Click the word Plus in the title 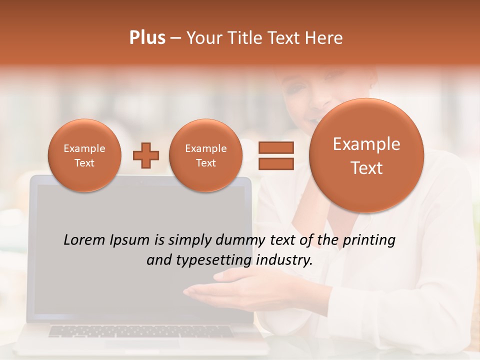147,38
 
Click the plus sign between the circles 146,155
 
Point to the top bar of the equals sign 275,147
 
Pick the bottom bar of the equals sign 275,163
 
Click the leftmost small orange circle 84,155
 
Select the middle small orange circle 205,155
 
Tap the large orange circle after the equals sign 366,155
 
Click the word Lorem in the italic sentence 84,240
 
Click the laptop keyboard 140,331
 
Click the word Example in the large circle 366,144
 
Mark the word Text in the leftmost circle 84,163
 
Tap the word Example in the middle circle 205,148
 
